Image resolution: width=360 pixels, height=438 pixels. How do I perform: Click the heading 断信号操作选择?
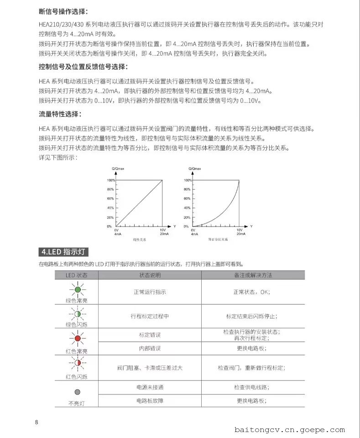63,11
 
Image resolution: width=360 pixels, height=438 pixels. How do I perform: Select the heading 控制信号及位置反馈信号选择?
83,67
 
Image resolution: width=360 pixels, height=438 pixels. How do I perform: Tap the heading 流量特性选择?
60,114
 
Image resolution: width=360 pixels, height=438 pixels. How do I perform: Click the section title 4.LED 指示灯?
64,252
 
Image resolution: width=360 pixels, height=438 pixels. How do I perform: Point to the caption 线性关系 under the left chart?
140,239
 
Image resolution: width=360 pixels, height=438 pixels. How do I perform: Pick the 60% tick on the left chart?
110,198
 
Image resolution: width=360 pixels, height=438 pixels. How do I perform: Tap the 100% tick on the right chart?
187,180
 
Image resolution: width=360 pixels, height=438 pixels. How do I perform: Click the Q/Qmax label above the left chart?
118,169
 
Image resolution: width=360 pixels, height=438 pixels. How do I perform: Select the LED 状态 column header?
76,275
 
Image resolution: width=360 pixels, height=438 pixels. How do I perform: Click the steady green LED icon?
77,289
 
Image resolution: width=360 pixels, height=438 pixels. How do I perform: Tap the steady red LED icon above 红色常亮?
77,339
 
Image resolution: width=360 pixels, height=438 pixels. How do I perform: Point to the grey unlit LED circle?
77,391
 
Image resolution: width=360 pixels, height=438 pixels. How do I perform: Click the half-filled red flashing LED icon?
77,363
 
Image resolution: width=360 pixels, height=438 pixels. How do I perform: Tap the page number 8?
37,422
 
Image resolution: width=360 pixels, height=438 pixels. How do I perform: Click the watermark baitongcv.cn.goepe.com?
290,429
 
